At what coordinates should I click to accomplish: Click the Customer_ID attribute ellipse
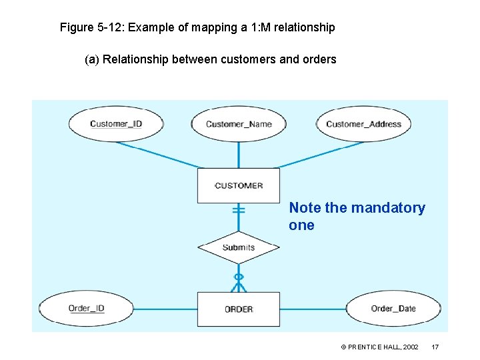[x=116, y=124]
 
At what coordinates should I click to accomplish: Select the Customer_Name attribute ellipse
[x=239, y=124]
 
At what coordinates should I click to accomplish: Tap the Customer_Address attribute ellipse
[x=363, y=124]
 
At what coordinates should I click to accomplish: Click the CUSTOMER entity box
[x=239, y=185]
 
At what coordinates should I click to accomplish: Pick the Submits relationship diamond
[x=239, y=247]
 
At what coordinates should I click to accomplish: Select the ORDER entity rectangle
[x=239, y=309]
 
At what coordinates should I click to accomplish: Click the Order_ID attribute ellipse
[x=87, y=309]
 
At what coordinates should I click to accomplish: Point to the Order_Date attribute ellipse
[x=393, y=309]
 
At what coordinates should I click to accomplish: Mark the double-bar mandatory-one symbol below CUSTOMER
[x=239, y=211]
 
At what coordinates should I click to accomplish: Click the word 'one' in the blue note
[x=301, y=225]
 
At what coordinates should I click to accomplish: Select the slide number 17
[x=435, y=347]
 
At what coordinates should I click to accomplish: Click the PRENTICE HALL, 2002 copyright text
[x=379, y=347]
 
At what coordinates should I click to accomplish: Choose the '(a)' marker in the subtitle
[x=92, y=59]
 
